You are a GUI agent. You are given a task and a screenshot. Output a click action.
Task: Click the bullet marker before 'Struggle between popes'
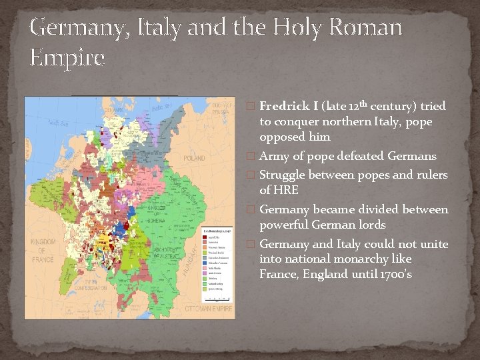coord(251,175)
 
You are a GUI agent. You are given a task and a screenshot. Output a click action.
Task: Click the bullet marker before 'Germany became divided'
coord(251,210)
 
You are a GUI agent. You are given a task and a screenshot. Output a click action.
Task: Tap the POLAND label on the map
coord(195,159)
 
